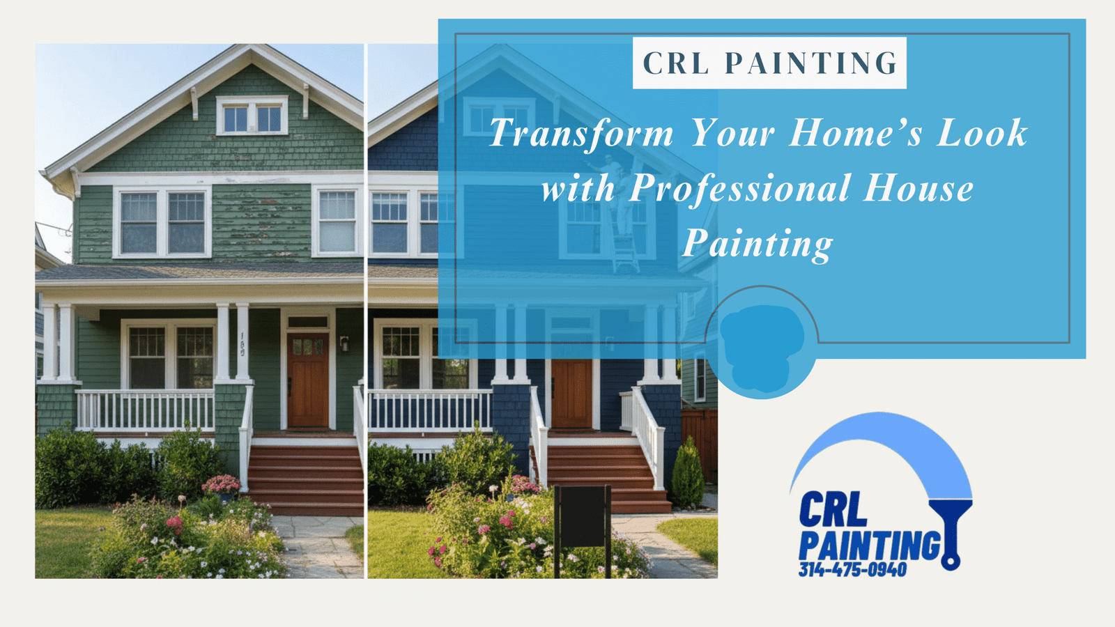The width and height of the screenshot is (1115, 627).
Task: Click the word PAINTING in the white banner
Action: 811,63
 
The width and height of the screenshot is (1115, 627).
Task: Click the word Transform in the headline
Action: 581,133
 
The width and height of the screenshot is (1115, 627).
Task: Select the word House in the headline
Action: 918,188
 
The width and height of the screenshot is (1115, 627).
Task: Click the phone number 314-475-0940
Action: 853,569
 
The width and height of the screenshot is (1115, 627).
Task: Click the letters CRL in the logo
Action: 833,509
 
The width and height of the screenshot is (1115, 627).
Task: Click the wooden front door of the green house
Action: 307,380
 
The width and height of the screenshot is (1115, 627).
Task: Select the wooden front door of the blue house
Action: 571,393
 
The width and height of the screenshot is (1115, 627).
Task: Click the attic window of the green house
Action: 252,116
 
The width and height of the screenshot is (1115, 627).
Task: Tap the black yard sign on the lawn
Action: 583,530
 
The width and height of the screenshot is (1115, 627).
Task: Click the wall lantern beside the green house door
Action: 344,343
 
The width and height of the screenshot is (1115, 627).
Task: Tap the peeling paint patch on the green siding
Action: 261,224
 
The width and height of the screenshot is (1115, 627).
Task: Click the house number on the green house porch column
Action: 243,344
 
